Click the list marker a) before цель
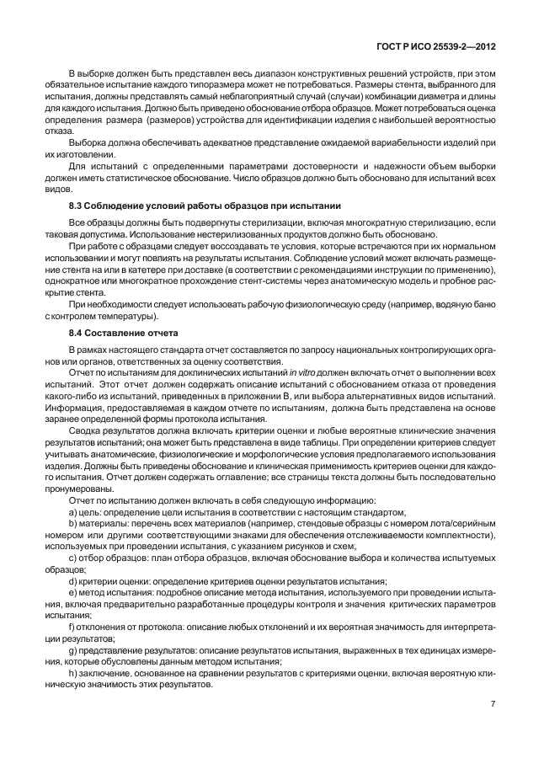(x=72, y=512)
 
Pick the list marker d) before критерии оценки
(x=72, y=581)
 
